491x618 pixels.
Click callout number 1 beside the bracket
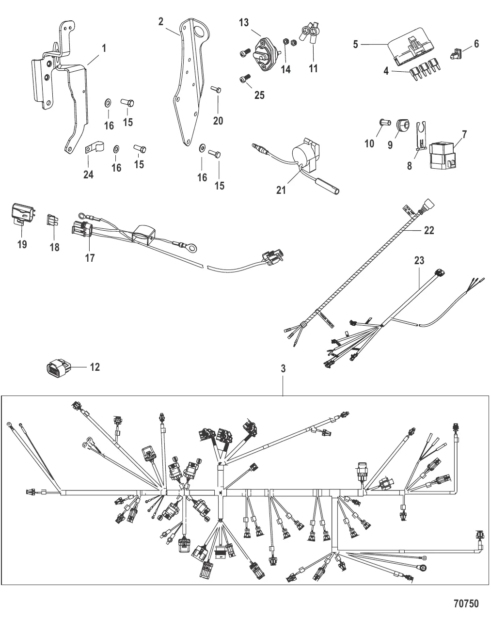104,48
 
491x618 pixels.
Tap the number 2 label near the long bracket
161,21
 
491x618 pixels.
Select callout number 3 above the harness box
283,369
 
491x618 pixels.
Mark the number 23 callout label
419,261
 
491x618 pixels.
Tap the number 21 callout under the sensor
281,191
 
